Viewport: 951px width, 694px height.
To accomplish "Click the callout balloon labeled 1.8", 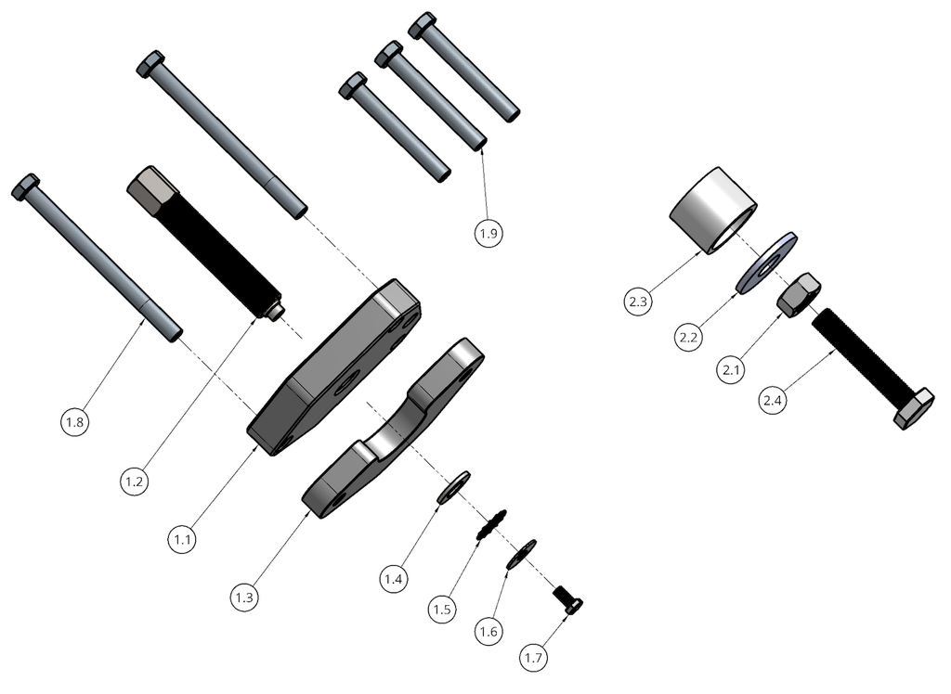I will click(x=75, y=422).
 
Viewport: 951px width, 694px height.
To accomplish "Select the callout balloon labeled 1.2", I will click(x=134, y=482).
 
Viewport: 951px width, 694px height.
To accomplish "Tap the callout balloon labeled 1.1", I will click(x=182, y=537).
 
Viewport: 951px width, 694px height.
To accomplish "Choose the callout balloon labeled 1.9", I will click(x=489, y=234).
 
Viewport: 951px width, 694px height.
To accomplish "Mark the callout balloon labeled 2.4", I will click(x=772, y=401).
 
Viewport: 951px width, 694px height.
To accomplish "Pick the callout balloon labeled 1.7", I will click(x=534, y=658).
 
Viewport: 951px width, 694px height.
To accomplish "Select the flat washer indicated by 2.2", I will click(x=766, y=263).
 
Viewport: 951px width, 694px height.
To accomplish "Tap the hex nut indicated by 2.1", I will click(x=797, y=296).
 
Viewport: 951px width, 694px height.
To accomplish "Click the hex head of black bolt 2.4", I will click(x=914, y=408).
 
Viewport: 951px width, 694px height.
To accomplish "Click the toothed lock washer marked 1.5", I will click(x=491, y=525).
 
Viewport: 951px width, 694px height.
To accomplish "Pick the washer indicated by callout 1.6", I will click(x=522, y=554).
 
